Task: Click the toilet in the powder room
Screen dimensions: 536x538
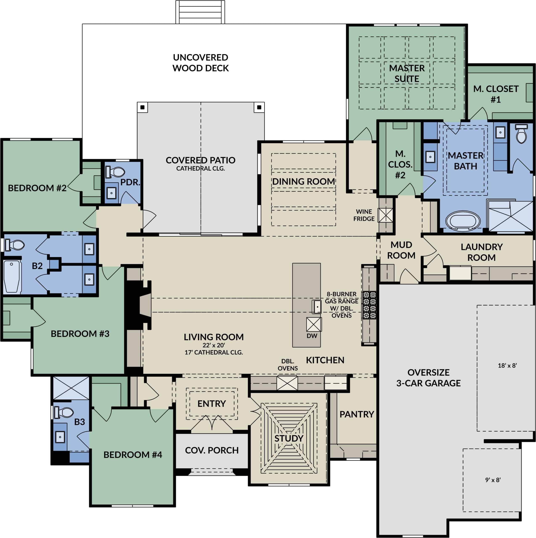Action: [115, 172]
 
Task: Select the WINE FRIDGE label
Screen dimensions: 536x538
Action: [364, 215]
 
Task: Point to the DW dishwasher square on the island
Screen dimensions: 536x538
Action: [314, 324]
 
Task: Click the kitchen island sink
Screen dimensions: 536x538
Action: [316, 307]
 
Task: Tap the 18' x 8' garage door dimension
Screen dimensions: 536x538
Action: [507, 366]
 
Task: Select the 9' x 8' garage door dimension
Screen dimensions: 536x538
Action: [493, 480]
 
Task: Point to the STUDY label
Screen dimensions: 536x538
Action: [289, 438]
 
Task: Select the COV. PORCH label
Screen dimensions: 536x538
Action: [212, 450]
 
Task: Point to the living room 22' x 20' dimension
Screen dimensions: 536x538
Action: [214, 345]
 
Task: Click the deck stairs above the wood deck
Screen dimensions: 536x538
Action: [200, 12]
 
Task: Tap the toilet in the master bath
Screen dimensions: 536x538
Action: [521, 133]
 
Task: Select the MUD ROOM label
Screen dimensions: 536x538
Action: [401, 250]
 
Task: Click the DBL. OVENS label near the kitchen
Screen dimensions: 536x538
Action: [288, 364]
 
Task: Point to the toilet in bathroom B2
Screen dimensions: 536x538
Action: [15, 245]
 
